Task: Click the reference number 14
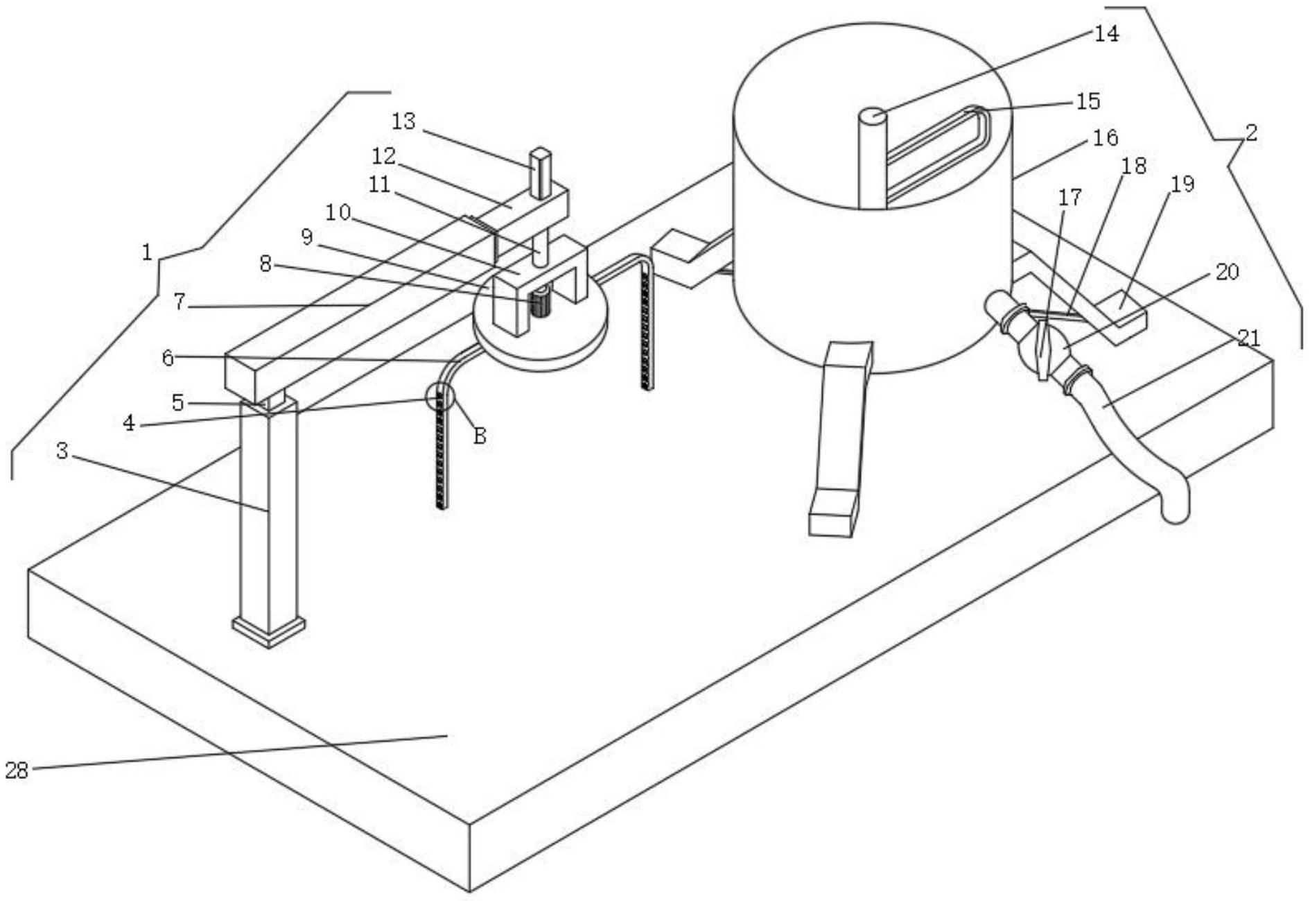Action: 1106,33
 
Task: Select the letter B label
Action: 479,436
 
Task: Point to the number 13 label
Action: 403,121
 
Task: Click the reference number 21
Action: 1248,338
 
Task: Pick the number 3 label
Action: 62,452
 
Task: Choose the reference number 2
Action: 1250,132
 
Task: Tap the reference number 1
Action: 146,252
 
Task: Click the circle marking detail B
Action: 440,396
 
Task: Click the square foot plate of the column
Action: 269,630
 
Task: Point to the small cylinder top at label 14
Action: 873,117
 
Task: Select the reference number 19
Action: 1182,184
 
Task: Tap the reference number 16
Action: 1106,138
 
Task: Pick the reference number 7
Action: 180,302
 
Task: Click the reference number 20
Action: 1227,271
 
